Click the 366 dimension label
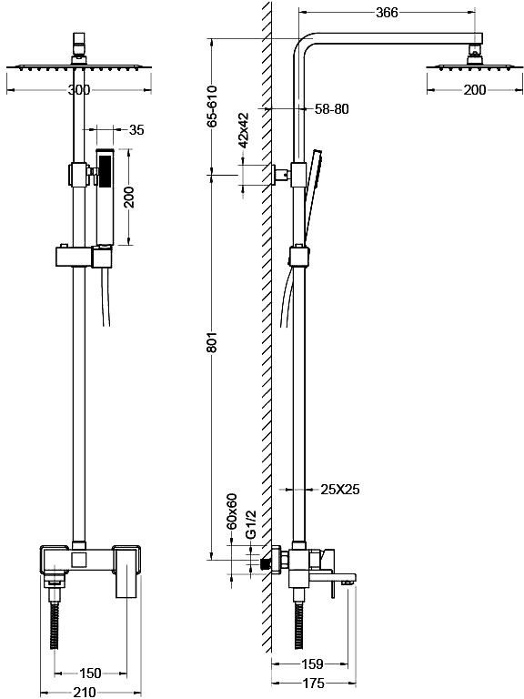pyautogui.click(x=387, y=13)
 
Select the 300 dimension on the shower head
pyautogui.click(x=79, y=90)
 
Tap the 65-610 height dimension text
pyautogui.click(x=212, y=106)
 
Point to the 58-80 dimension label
pyautogui.click(x=332, y=109)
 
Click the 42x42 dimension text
pyautogui.click(x=243, y=130)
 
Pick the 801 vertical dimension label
pyautogui.click(x=212, y=341)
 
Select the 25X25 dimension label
pyautogui.click(x=340, y=490)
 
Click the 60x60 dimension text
pyautogui.click(x=231, y=512)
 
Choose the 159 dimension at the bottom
pyautogui.click(x=312, y=664)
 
